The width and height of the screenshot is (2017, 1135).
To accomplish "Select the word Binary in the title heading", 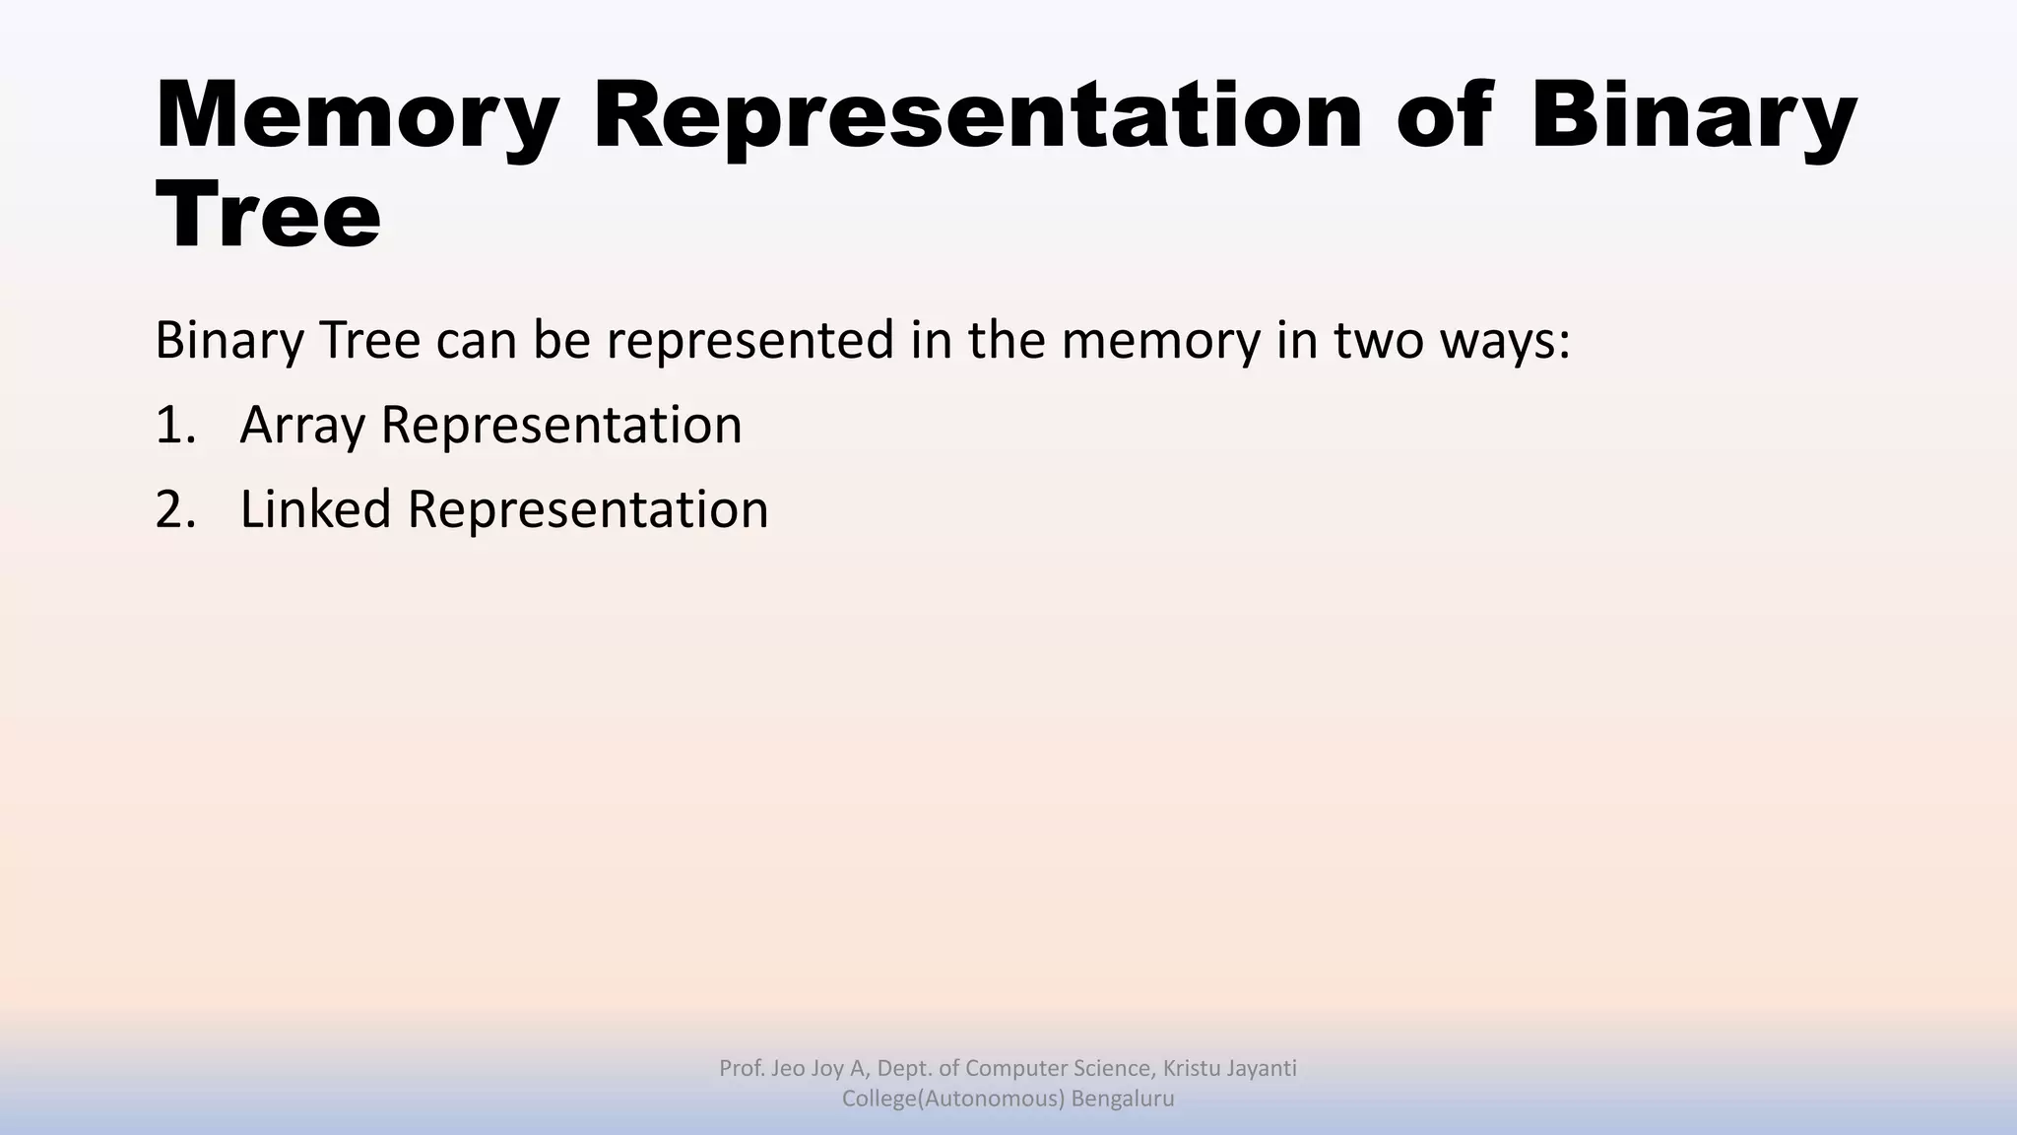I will point(1692,116).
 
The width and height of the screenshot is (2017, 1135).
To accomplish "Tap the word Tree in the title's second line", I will point(268,215).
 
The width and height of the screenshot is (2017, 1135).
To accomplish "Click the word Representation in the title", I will point(977,116).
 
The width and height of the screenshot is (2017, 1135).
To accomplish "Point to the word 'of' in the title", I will point(1445,116).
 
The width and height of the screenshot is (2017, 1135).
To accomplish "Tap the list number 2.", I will point(174,510).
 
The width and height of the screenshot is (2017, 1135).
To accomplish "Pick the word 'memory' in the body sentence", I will point(1160,341).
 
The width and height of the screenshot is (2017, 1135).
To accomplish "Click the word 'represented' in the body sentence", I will point(749,341).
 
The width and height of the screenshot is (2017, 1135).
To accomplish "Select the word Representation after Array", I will point(561,426).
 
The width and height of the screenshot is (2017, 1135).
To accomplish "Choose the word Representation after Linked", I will point(588,510).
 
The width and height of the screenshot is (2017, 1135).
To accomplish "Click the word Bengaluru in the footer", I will point(1123,1099).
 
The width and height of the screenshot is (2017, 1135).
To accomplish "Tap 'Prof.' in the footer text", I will point(740,1068).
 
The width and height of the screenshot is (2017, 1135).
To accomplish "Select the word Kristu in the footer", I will point(1191,1068).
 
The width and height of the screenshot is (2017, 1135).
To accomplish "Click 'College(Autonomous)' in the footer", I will point(952,1099).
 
